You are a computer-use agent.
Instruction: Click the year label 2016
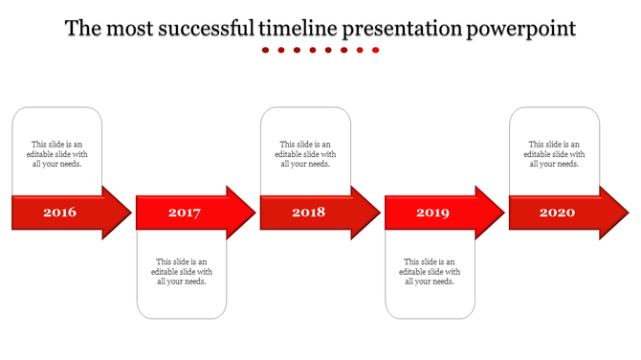(x=59, y=213)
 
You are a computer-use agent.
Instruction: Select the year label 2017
(x=184, y=213)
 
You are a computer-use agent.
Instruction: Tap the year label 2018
(x=308, y=213)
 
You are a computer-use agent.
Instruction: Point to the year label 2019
(x=432, y=213)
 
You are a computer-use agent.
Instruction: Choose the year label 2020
(x=557, y=213)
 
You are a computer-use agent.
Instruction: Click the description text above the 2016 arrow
(x=57, y=154)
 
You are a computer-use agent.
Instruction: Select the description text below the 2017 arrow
(x=182, y=271)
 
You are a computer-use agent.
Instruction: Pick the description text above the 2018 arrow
(x=306, y=154)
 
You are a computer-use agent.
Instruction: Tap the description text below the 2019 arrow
(x=431, y=271)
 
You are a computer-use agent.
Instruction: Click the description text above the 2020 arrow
(x=555, y=154)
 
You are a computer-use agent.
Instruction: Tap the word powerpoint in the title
(x=521, y=29)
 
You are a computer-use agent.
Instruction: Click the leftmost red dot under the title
(x=266, y=51)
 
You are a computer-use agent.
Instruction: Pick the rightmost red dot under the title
(x=376, y=51)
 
